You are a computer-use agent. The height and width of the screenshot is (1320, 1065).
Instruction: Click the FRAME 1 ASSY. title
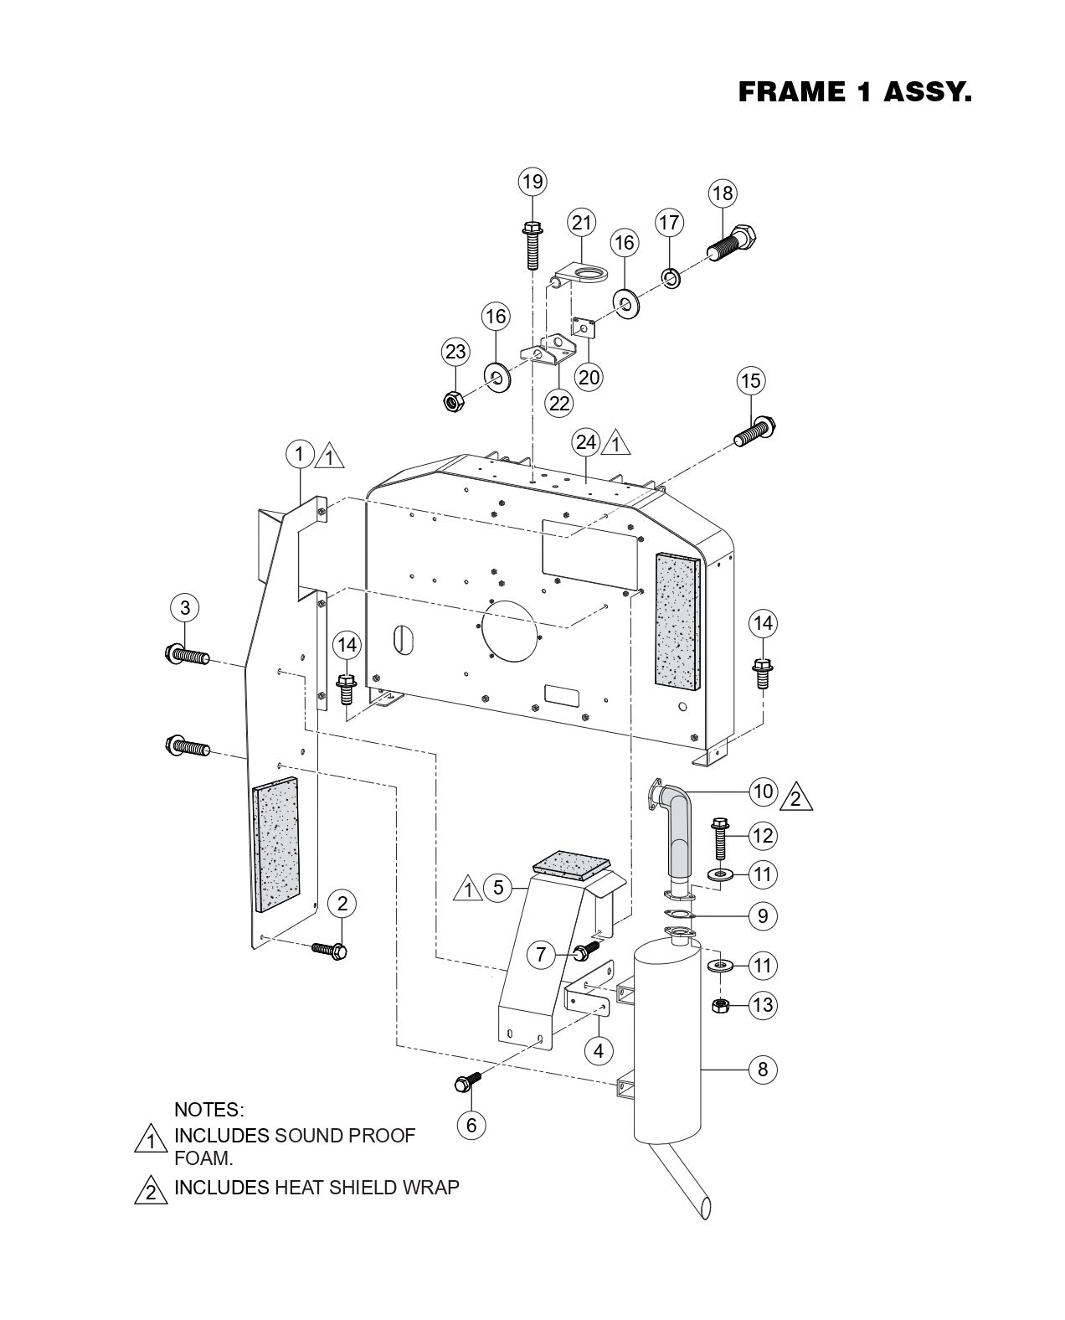tap(854, 92)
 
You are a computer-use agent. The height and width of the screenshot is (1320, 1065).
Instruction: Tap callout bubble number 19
tap(532, 181)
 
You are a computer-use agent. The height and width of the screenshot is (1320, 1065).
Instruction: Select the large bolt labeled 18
tap(735, 242)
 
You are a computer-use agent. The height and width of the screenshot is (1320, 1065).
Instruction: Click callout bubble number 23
tap(455, 352)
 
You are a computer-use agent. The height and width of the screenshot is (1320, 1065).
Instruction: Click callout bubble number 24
tap(586, 441)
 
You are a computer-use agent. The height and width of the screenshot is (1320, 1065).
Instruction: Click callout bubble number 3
tap(185, 607)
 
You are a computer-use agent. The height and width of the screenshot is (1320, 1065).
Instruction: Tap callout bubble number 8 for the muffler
tap(762, 1070)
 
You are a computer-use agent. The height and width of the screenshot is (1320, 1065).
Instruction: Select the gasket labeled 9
tap(679, 915)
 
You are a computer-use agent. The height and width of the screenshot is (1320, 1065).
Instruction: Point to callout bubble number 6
tap(471, 1125)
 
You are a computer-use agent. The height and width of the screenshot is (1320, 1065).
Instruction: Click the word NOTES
tap(208, 1110)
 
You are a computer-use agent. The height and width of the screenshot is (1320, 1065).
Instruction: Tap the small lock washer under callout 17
tap(671, 276)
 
